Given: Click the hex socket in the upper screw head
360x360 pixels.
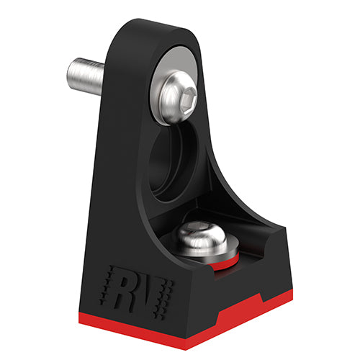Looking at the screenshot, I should [x=184, y=105].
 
